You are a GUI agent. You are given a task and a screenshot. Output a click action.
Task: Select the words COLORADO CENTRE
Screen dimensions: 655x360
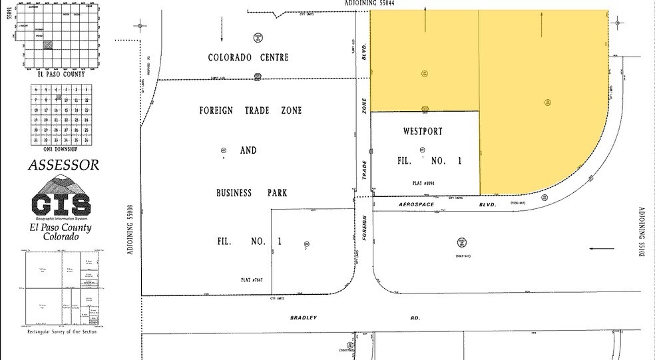click(x=249, y=58)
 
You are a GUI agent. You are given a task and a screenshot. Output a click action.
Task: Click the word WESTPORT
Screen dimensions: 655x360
click(x=422, y=132)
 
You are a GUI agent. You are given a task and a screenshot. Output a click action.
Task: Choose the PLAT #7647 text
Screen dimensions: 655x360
click(x=253, y=281)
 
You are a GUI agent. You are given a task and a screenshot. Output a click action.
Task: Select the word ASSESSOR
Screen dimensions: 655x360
click(x=64, y=164)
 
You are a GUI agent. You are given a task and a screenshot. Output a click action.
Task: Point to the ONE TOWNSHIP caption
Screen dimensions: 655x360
click(x=61, y=150)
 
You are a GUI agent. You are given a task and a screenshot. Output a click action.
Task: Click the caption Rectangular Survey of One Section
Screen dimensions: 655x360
click(x=62, y=331)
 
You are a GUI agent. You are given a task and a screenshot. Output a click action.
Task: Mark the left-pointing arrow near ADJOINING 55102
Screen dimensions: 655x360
click(x=602, y=249)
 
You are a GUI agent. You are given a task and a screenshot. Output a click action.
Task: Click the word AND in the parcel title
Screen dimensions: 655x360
click(x=248, y=151)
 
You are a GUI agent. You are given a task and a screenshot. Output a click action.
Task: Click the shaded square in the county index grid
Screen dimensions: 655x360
click(x=48, y=45)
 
